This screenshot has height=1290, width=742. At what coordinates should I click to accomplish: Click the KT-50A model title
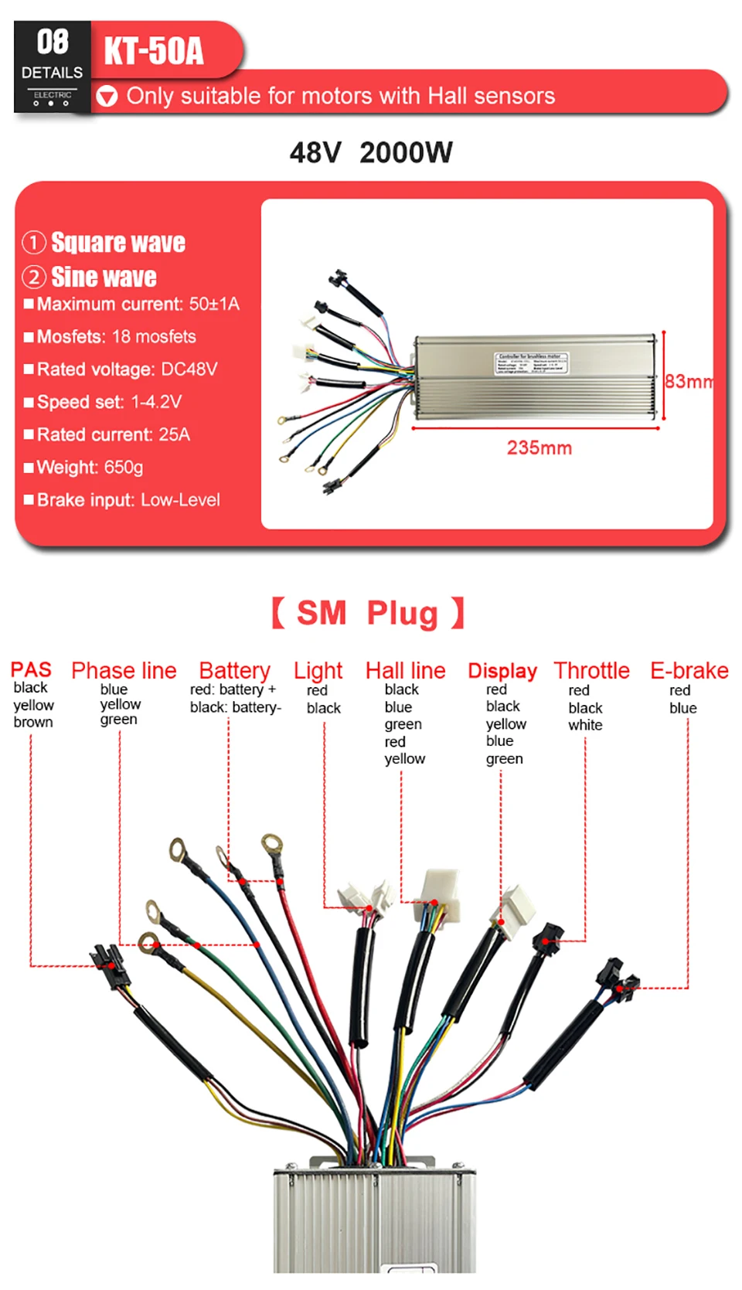(154, 51)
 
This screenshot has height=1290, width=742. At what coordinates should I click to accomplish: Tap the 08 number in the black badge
(53, 42)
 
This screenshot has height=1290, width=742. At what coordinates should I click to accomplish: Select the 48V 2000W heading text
(371, 152)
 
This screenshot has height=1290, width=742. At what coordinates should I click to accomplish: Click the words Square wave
(117, 243)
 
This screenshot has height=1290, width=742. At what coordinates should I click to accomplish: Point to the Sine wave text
(104, 277)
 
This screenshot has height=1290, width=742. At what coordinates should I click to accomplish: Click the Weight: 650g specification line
(90, 468)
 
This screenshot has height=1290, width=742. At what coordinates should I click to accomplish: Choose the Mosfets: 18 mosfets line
(116, 337)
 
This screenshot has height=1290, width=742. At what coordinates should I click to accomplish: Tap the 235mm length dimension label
(539, 448)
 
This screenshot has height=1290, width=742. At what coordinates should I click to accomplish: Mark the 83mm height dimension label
(688, 382)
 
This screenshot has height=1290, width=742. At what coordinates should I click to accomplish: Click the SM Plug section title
(368, 614)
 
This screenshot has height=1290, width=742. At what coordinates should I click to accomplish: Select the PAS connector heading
(31, 669)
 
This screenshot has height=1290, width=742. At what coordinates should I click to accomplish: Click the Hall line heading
(405, 670)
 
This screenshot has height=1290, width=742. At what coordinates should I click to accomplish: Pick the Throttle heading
(591, 670)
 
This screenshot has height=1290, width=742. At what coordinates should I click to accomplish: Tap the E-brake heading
(689, 670)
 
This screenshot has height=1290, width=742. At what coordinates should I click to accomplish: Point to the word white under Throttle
(585, 725)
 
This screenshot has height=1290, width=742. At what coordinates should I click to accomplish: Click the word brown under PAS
(33, 722)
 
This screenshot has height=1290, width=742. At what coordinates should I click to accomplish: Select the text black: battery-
(236, 707)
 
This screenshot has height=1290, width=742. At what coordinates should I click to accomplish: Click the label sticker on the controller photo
(532, 363)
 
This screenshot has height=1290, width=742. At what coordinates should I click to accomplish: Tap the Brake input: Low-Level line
(128, 500)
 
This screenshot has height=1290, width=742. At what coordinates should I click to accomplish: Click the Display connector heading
(502, 670)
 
